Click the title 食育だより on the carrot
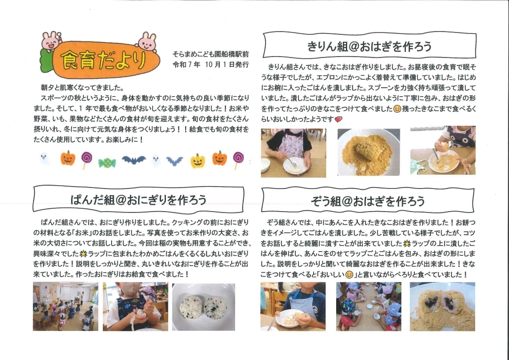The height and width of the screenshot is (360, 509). point(103,60)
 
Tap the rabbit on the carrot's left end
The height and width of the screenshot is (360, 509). point(51,41)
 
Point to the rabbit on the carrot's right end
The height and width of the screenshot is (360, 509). point(147,41)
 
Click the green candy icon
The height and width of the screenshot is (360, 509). point(107,163)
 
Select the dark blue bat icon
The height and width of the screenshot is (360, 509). point(133,160)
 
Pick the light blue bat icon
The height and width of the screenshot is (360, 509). point(175,161)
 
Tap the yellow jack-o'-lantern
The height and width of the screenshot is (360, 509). point(198,161)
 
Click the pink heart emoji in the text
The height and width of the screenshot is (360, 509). point(338,119)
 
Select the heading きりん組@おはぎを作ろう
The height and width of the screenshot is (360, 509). point(369,47)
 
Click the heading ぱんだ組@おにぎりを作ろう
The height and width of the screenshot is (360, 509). point(138,199)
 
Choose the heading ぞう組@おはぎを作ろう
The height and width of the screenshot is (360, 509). point(368,201)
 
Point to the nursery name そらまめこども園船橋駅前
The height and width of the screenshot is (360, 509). point(210,54)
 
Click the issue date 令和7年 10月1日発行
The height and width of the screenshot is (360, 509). point(210,65)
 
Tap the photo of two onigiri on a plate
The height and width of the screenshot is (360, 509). point(203,307)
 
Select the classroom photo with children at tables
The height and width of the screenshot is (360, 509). point(65,306)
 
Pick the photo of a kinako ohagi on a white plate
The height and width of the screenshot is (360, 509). point(369,152)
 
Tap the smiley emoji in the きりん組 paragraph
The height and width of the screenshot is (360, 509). point(397,109)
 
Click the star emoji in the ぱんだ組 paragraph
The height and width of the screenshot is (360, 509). point(83,254)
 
